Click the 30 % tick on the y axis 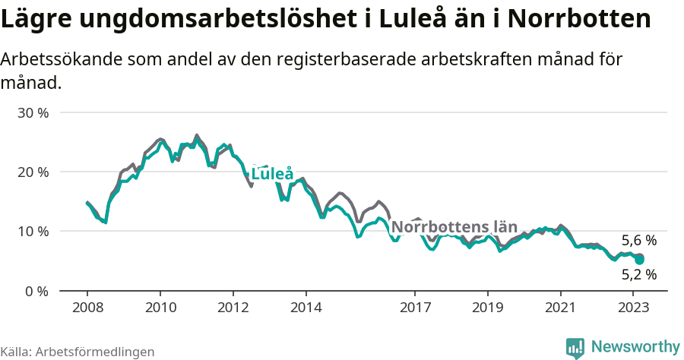point(33,112)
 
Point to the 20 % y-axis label point(33,172)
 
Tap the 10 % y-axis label point(33,231)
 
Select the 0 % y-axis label point(37,291)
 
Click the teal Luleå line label point(272,174)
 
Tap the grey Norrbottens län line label point(454,227)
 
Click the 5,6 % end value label point(638,241)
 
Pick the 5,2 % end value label point(638,275)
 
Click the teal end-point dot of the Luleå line point(640,260)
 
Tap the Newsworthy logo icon point(575,347)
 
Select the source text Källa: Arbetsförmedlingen point(78,352)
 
